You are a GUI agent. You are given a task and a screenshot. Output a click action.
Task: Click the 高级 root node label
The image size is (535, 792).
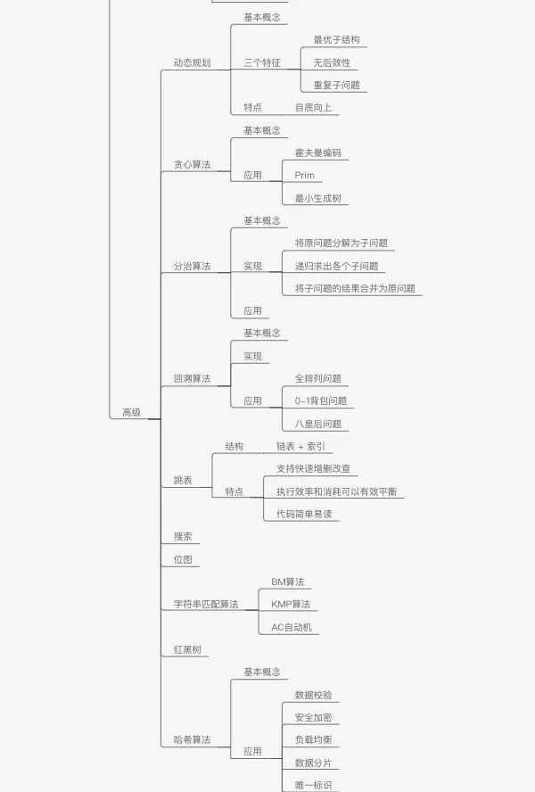click(131, 412)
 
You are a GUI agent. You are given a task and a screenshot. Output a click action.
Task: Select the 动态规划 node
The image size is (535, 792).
click(192, 62)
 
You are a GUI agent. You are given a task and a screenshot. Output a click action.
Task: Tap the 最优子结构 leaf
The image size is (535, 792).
click(336, 40)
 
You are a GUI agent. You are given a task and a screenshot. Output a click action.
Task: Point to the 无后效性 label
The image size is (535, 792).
click(332, 62)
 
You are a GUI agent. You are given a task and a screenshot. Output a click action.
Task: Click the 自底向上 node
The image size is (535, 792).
click(313, 107)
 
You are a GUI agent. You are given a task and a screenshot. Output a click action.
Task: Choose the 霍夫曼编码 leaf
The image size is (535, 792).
click(317, 153)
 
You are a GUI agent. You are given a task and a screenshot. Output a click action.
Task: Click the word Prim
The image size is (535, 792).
click(304, 176)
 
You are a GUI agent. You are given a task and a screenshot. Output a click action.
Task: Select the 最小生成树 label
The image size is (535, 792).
click(317, 198)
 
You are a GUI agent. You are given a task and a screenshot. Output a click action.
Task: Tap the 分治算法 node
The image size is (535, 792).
click(192, 266)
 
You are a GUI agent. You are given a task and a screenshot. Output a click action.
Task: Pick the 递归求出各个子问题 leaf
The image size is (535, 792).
click(336, 266)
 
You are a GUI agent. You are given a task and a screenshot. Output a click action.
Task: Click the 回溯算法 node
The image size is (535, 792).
click(192, 378)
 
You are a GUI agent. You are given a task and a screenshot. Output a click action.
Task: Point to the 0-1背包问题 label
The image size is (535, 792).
click(321, 401)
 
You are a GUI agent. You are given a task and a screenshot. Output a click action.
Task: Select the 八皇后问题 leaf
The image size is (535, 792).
click(317, 424)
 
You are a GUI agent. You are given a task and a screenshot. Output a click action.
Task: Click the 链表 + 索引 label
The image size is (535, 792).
click(300, 446)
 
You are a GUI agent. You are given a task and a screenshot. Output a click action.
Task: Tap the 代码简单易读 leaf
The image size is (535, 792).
click(304, 515)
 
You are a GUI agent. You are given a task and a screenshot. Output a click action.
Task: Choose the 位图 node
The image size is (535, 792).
click(183, 559)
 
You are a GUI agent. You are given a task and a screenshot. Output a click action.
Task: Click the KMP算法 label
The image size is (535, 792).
click(291, 604)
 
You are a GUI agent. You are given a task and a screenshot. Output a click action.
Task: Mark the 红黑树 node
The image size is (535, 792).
click(187, 649)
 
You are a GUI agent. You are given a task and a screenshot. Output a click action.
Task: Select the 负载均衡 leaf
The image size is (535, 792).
click(313, 740)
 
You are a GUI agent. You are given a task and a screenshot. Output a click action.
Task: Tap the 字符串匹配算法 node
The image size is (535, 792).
click(206, 604)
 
